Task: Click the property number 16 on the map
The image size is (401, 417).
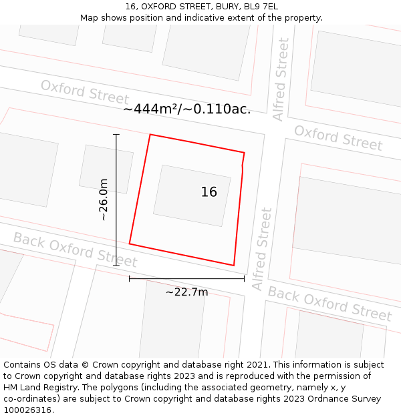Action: point(209,192)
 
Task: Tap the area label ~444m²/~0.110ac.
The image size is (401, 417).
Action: point(186,109)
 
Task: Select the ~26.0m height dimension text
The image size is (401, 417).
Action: point(104,199)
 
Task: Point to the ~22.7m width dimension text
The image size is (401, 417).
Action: point(186,292)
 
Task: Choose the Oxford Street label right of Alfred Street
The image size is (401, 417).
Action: point(338,137)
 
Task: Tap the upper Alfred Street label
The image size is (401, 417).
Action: point(281,79)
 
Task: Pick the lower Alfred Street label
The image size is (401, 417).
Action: point(262,249)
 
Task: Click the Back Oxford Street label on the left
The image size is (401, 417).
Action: point(75,250)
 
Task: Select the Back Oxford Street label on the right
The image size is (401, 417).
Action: point(329,304)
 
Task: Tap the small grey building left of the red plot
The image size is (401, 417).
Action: point(106,169)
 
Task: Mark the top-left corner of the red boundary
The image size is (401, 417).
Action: point(150,135)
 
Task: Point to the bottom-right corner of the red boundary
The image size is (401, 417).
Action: point(234,266)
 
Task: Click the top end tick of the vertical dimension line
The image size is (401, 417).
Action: point(116,135)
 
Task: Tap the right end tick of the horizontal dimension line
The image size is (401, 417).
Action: point(244,279)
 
